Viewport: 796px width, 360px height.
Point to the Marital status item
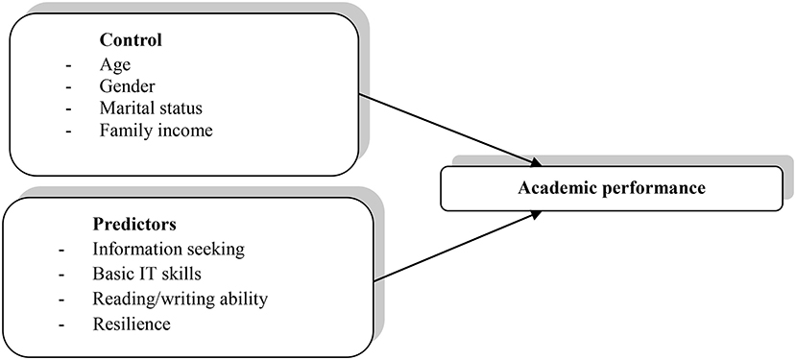pyautogui.click(x=149, y=108)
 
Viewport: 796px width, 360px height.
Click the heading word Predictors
pyautogui.click(x=134, y=226)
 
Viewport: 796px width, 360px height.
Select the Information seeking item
pyautogui.click(x=171, y=250)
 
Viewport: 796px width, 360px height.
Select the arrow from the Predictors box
pyautogui.click(x=451, y=248)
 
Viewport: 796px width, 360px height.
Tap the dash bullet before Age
pyautogui.click(x=64, y=65)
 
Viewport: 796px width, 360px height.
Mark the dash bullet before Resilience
pyautogui.click(x=62, y=324)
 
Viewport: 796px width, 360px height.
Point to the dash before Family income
pyautogui.click(x=64, y=129)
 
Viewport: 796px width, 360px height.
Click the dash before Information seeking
pyautogui.click(x=62, y=250)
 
